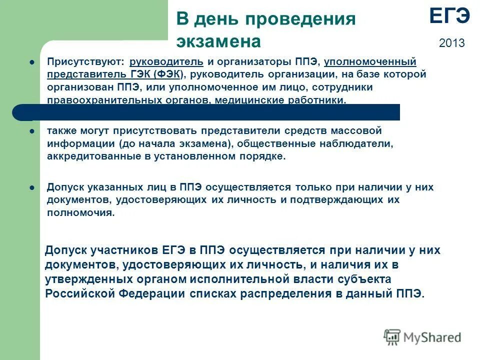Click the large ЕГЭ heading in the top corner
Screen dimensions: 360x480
449,16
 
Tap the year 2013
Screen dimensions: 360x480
451,43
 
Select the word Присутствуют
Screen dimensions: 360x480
85,62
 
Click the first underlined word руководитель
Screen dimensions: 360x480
166,62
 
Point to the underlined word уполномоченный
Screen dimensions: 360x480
370,62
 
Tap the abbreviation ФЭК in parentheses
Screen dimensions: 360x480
167,74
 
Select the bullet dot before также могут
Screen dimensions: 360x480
31,131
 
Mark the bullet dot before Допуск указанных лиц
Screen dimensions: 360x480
31,187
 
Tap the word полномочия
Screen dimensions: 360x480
79,212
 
